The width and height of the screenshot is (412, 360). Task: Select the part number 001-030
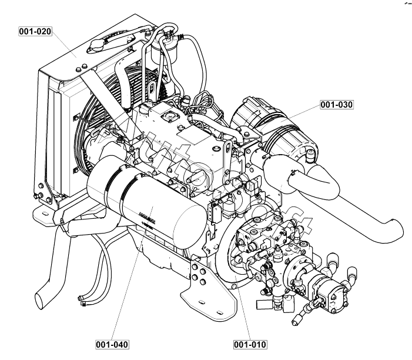tap(336, 105)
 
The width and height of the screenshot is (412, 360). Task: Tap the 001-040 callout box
tap(111, 344)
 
